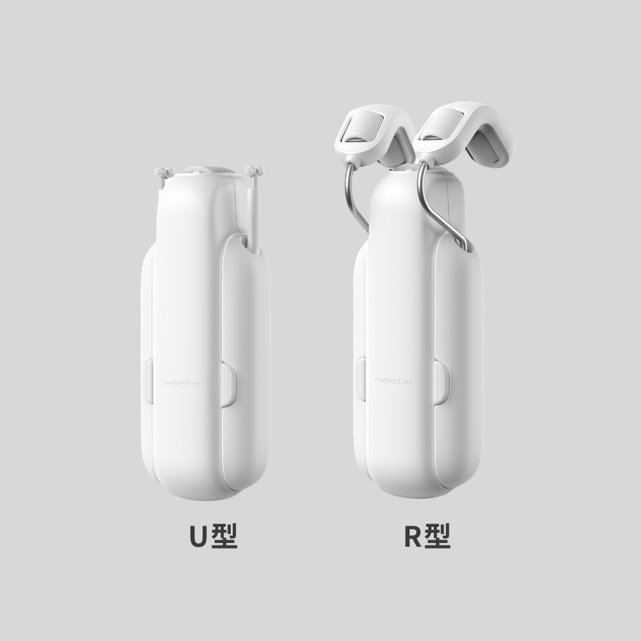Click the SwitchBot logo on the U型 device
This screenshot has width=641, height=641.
click(x=181, y=383)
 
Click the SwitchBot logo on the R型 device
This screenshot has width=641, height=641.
click(x=394, y=381)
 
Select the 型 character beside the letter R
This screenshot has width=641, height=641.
click(x=437, y=536)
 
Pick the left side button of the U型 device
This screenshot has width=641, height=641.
click(x=147, y=381)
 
